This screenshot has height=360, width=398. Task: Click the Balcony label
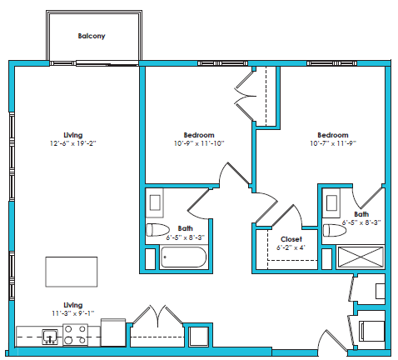point(92,37)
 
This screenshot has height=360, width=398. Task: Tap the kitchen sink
point(50,337)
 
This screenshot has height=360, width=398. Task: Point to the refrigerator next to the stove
point(112,333)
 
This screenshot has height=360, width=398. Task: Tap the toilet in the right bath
point(334,230)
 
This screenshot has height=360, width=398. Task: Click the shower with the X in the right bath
point(361,257)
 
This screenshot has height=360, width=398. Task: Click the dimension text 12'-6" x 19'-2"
point(73,143)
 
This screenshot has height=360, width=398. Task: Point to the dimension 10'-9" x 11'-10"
point(199,143)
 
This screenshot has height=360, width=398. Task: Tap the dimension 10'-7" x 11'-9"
point(332,143)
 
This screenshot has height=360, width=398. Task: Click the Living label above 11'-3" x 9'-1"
point(73,305)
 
